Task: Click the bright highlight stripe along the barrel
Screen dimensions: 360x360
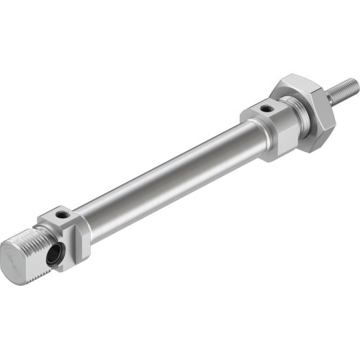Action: tap(166, 162)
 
